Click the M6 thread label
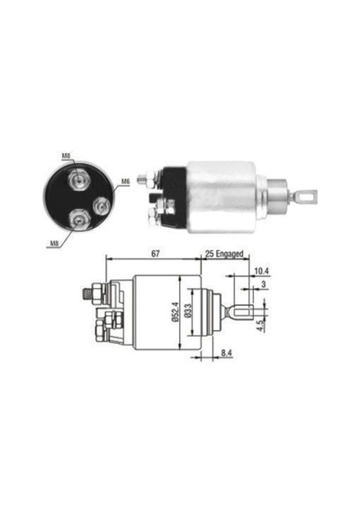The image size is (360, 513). coord(126,181)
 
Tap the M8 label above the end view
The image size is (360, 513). coord(66,156)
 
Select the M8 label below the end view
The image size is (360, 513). coord(54,243)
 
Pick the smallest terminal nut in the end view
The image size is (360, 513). coord(101,206)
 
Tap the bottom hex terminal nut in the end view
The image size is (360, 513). coord(78,219)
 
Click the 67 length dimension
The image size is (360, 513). coord(155,253)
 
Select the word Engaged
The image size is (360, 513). coord(230,254)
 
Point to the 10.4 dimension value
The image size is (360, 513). coord(261,271)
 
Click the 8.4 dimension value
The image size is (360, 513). coord(226,353)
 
